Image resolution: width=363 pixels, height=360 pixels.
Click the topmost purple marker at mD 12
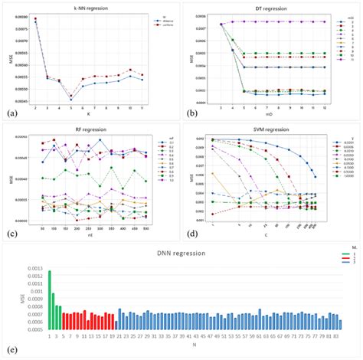[325, 22]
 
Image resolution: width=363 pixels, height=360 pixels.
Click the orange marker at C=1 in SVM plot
[212, 174]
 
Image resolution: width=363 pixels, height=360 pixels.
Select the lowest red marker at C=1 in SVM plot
[212, 214]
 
